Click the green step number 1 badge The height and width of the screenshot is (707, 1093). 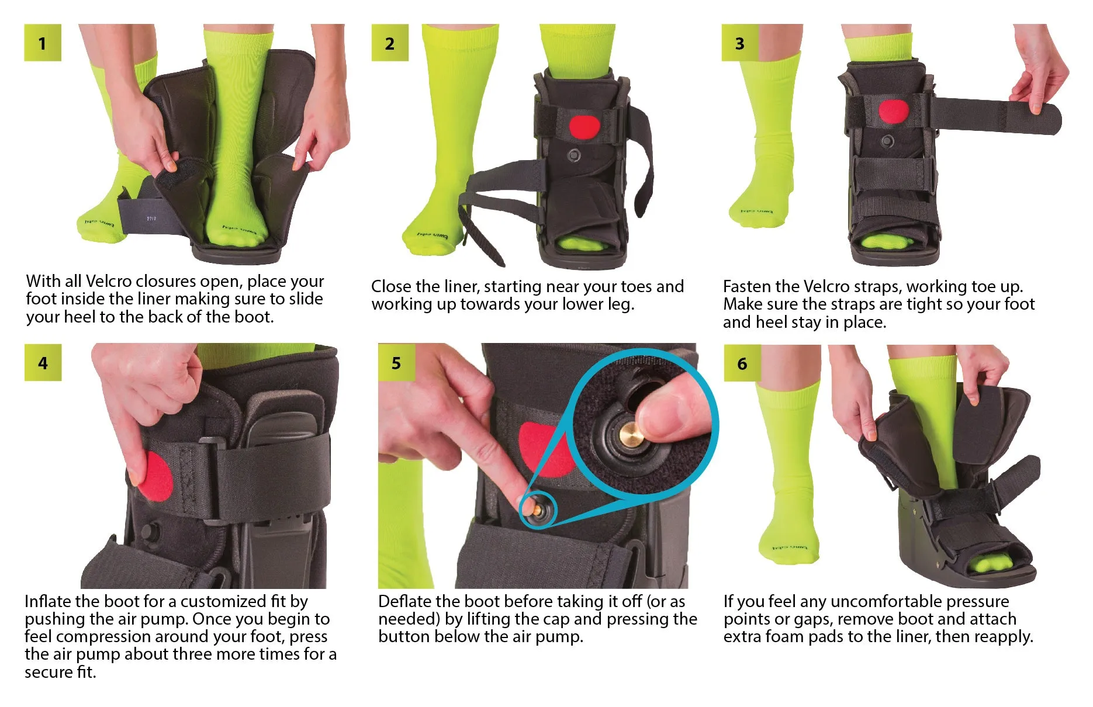coord(43,43)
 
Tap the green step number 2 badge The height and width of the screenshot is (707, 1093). coord(390,43)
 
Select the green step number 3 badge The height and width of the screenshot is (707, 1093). coord(740,43)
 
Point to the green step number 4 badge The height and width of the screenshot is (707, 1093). coord(43,363)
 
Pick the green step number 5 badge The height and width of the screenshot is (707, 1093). coord(396,363)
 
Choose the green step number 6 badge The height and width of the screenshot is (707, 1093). coord(742,363)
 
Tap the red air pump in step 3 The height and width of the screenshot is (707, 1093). coord(894,112)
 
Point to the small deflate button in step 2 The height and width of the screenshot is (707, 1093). coord(575,155)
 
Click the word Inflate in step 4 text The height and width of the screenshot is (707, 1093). coord(48,601)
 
